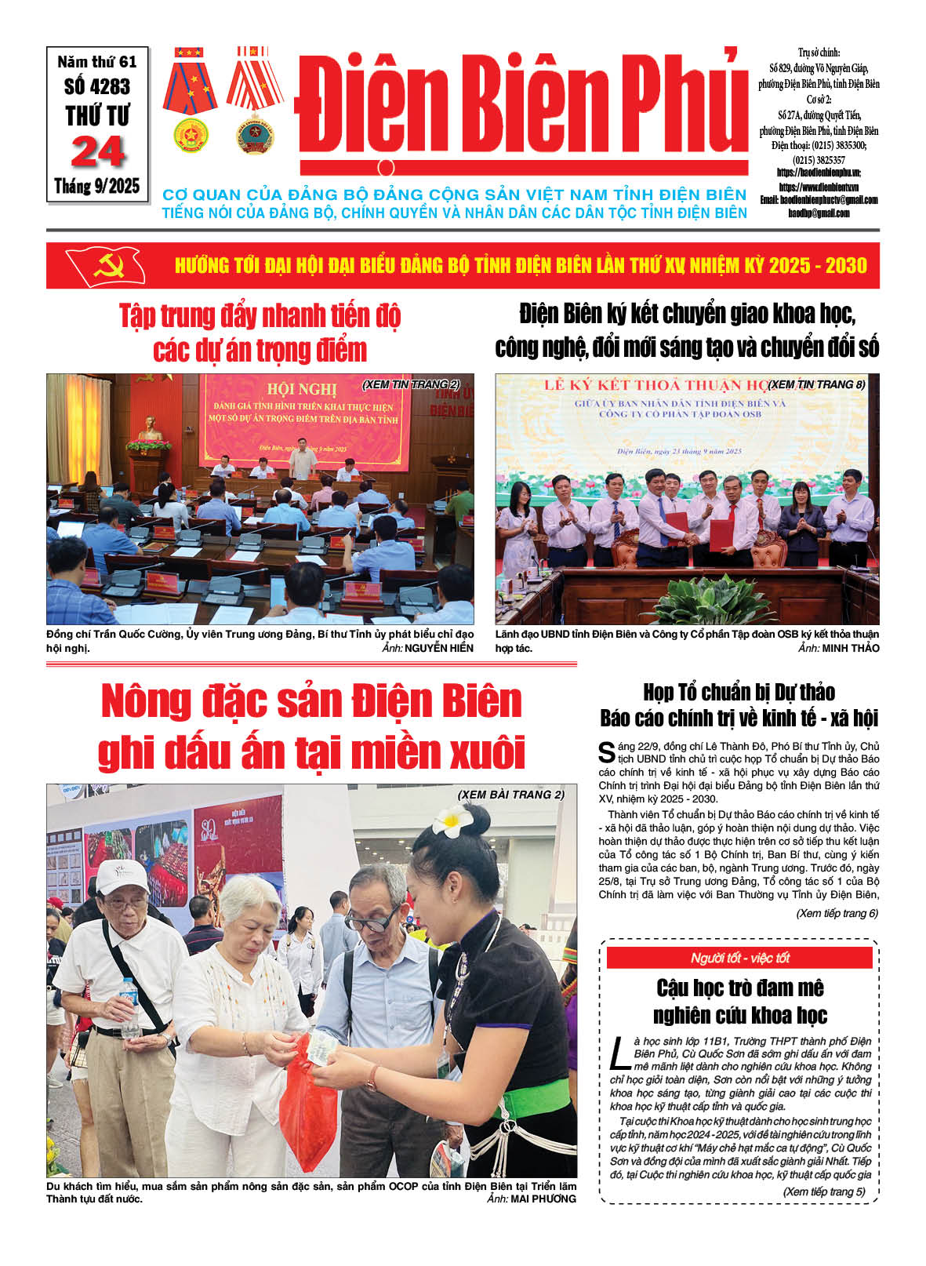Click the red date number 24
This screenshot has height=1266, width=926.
[x=97, y=152]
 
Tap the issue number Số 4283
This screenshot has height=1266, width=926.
[x=97, y=86]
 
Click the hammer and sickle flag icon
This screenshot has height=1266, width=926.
[x=104, y=265]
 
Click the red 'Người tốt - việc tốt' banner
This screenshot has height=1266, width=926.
[x=739, y=958]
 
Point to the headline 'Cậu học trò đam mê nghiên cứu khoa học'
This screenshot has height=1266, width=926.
[x=739, y=1001]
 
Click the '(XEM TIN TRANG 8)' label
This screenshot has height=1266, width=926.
[x=817, y=384]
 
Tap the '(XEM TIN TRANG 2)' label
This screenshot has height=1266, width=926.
[x=411, y=384]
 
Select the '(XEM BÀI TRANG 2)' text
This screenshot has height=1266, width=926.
[x=510, y=795]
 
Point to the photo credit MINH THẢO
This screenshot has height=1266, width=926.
[x=850, y=648]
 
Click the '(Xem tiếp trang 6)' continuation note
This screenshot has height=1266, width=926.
[x=837, y=913]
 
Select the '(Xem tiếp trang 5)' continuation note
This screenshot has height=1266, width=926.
[x=823, y=1191]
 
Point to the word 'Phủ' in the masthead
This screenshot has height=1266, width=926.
[x=685, y=106]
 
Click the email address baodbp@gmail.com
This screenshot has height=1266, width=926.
[x=819, y=213]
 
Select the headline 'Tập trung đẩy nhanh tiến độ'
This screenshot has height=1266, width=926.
[x=260, y=316]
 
